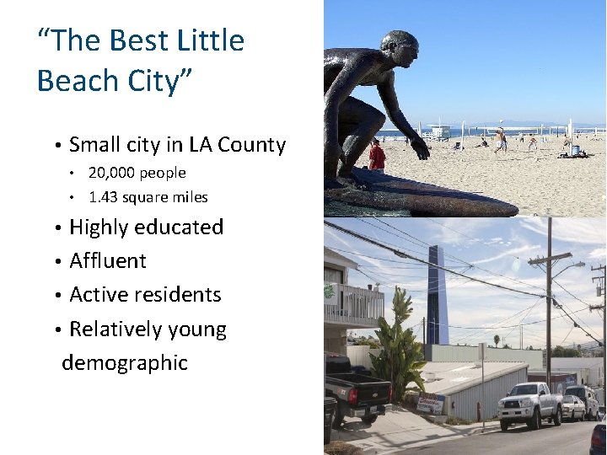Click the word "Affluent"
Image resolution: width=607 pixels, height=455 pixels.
point(108,261)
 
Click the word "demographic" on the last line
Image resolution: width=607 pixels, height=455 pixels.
point(124,363)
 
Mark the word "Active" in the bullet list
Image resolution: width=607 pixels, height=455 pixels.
point(98,295)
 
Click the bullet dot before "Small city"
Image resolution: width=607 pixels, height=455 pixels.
point(56,146)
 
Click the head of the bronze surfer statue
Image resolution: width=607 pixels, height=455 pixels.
point(399,50)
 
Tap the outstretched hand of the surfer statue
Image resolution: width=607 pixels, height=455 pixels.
point(419,150)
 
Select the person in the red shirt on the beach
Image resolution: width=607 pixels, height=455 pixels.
point(377,157)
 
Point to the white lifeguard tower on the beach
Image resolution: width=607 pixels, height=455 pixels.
point(440,132)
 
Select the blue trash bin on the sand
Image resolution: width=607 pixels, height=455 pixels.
point(575,151)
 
